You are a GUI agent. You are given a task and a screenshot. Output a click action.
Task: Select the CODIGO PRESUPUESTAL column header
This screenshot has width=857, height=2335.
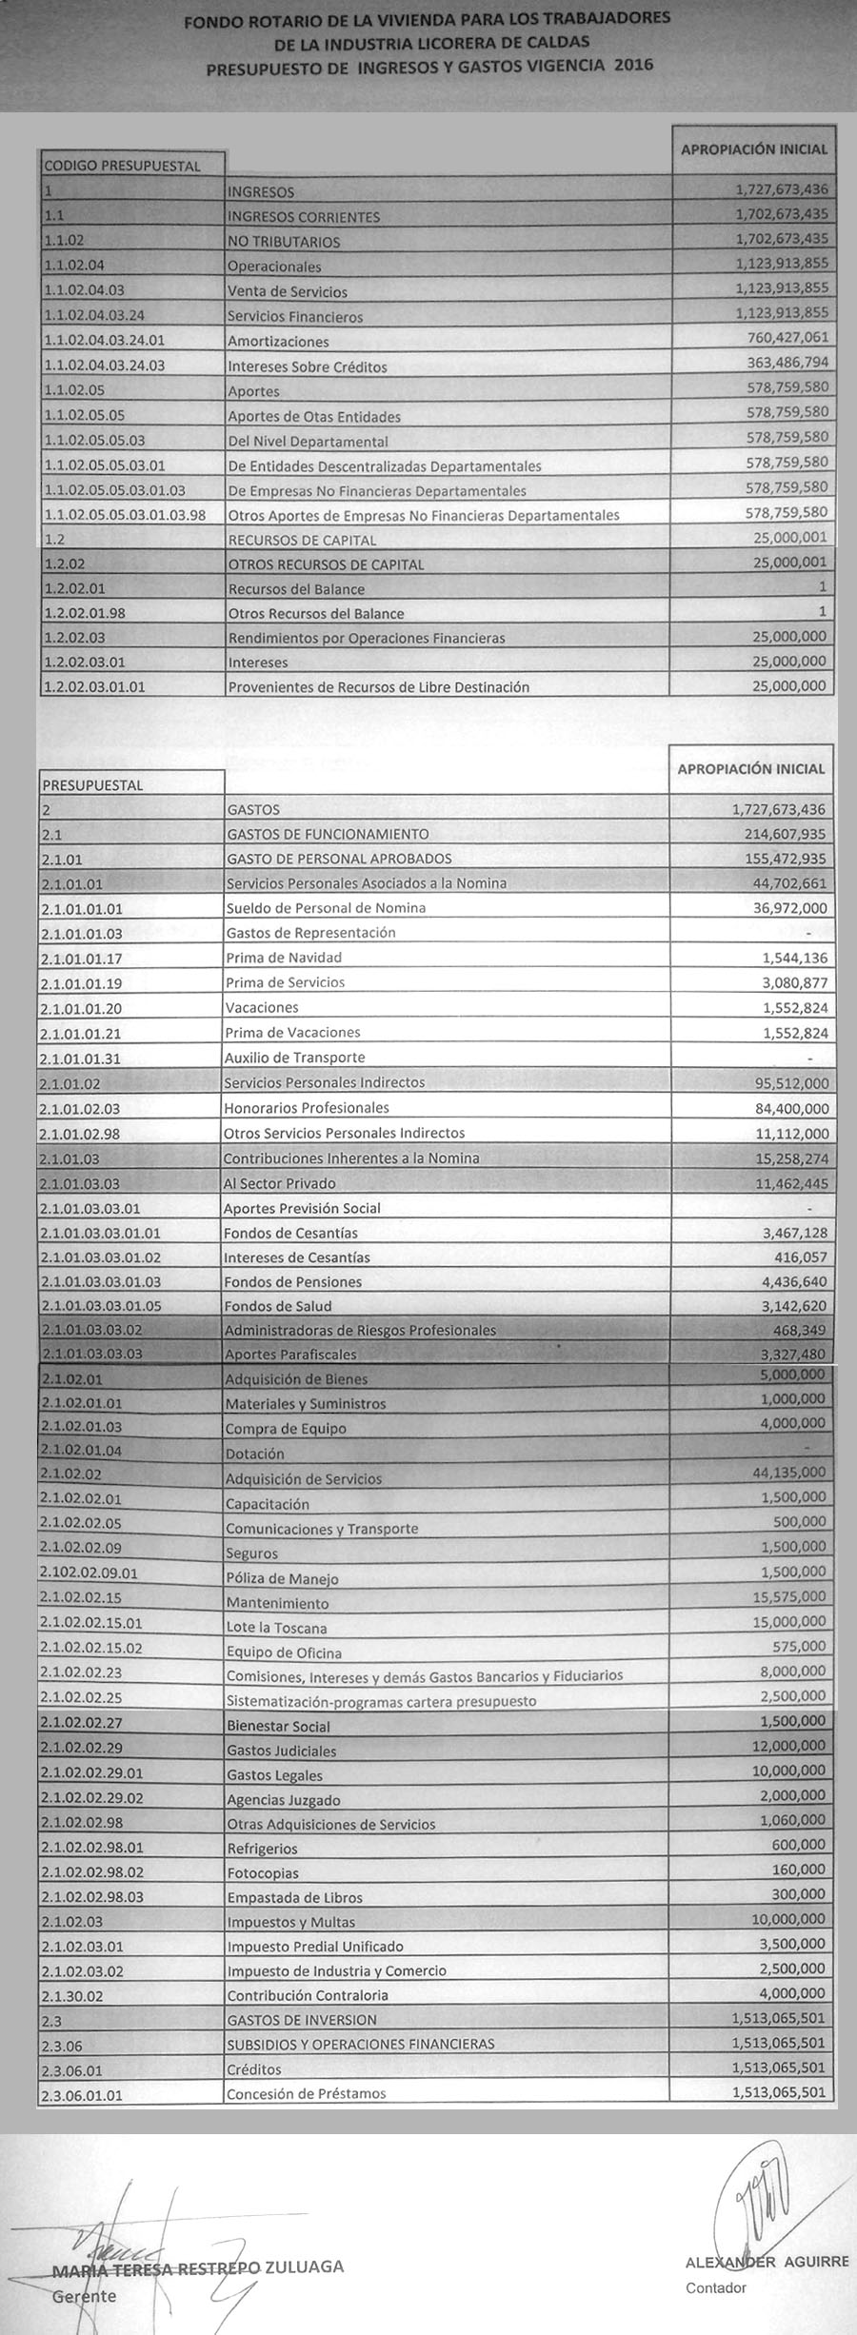[x=123, y=166]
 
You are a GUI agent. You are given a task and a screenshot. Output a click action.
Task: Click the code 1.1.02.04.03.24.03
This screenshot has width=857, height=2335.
[x=105, y=366]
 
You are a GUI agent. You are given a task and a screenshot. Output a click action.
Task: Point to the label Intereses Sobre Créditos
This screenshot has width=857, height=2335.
[x=307, y=366]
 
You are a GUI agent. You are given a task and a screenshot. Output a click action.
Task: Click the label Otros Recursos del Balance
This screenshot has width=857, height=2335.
[x=315, y=614]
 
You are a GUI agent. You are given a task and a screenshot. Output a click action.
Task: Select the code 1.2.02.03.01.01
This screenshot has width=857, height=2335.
[x=94, y=686]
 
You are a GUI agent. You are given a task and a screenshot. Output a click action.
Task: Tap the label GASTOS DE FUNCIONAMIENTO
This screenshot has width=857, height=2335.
[x=328, y=834]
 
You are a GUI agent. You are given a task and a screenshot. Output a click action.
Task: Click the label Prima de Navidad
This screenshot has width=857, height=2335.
[x=283, y=958]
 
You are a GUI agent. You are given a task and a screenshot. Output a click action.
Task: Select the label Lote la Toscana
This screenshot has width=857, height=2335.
[x=276, y=1628]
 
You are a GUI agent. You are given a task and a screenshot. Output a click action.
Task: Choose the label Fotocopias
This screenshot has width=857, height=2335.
[x=263, y=1873]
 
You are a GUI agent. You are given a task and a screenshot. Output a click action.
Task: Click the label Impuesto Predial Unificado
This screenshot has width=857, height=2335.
[x=315, y=1947]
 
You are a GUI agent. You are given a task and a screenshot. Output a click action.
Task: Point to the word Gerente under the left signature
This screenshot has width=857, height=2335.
[x=85, y=2296]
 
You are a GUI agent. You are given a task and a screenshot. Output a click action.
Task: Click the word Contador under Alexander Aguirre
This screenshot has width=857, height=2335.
[x=716, y=2287]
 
